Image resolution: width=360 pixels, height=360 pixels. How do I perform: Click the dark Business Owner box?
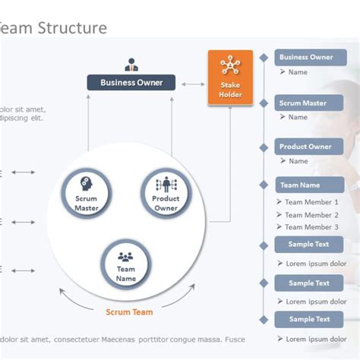coord(131,83)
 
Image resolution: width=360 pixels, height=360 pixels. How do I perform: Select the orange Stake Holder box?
coord(229,77)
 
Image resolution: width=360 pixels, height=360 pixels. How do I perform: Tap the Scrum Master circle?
coord(86,193)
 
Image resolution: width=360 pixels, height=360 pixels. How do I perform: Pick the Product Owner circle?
coord(166,193)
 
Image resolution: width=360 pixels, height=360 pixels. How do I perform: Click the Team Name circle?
coord(126,265)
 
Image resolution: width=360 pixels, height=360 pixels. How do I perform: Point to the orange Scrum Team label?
coord(129,312)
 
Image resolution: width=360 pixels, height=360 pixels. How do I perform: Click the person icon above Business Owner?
coord(131,65)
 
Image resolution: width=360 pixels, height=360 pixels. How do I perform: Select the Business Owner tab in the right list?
coord(306,58)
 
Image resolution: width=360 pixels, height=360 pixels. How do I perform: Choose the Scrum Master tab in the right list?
coord(303,103)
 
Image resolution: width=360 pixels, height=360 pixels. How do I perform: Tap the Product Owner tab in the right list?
coord(305,147)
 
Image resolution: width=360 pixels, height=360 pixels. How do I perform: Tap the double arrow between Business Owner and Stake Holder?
coord(192,84)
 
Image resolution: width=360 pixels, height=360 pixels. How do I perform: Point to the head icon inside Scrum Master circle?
coord(86,184)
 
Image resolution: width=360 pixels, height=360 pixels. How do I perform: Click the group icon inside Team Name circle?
coord(126,257)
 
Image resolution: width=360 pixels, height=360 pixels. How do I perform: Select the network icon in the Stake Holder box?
coord(229,65)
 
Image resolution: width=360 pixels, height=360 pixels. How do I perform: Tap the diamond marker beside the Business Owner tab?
coord(264,58)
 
